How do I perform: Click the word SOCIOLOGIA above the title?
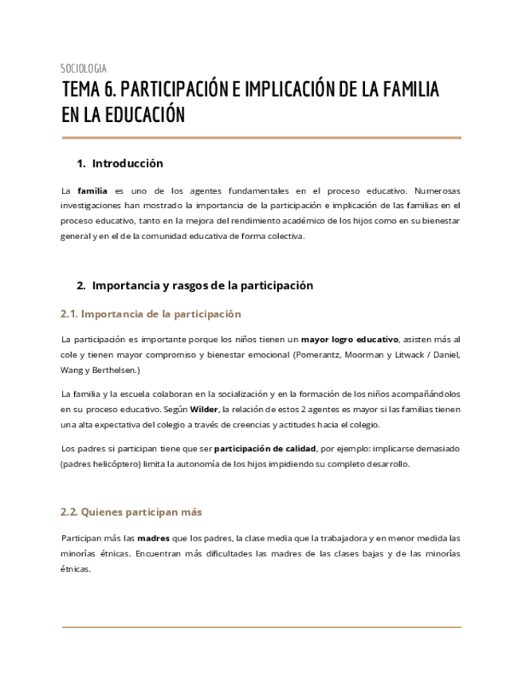coord(84,69)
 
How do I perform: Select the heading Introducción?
coord(128,163)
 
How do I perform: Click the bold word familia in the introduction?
coord(92,191)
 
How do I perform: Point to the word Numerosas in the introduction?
coord(438,191)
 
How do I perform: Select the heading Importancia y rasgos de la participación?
coord(202,285)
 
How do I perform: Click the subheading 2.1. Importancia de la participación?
coord(151,314)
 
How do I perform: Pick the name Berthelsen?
coord(116,369)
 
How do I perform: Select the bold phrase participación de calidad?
coord(265,449)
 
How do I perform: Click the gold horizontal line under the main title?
coord(261,138)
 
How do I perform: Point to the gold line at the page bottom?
coord(261,627)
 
